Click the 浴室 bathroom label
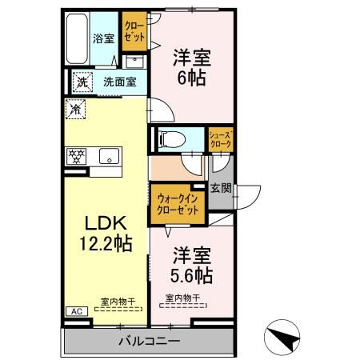pos(103,37)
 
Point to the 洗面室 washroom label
pos(118,82)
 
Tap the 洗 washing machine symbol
pos(81,81)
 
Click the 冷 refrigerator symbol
pos(76,109)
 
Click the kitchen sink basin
pos(108,156)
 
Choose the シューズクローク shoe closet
pos(220,139)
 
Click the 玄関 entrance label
pos(221,189)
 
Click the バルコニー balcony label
pos(150,342)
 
